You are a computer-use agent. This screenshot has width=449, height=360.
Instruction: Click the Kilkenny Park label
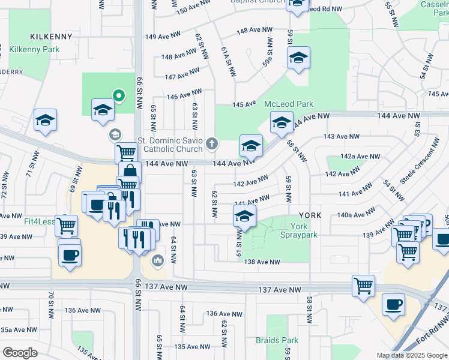34,49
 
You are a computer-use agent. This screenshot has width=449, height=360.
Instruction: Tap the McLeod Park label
289,104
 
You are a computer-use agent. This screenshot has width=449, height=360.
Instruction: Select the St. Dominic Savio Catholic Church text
170,145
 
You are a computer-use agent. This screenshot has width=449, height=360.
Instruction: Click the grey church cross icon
211,143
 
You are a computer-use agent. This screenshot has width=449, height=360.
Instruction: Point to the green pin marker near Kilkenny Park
119,95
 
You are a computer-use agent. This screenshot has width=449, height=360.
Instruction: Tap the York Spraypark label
303,230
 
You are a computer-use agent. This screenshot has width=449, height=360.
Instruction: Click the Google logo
20,352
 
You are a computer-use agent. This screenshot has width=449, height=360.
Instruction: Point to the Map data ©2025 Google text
411,355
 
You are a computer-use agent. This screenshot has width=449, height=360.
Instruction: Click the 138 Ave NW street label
261,262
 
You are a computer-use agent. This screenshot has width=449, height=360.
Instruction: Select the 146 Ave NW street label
184,95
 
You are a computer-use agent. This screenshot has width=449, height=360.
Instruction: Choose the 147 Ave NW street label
182,74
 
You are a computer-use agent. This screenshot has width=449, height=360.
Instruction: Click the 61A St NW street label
228,62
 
